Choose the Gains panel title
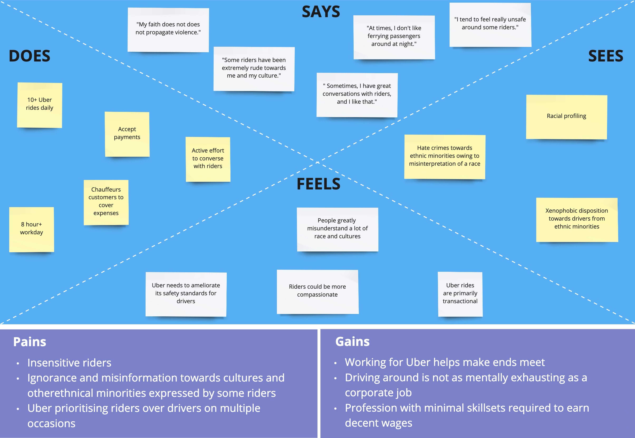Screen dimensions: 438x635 pyautogui.click(x=352, y=342)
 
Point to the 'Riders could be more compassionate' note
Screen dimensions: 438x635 pyautogui.click(x=317, y=291)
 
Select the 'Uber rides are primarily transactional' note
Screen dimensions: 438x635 pyautogui.click(x=460, y=294)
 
